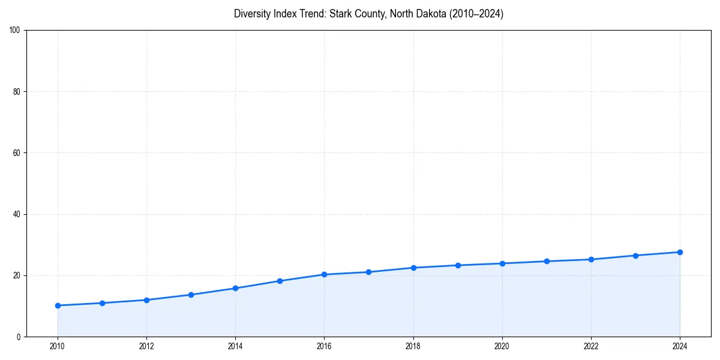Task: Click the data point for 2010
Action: coord(58,305)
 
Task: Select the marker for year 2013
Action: coord(191,295)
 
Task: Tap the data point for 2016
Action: coord(324,274)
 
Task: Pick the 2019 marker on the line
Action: coord(458,265)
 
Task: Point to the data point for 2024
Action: coord(680,252)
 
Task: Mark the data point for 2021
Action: coord(547,261)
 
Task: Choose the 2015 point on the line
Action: coord(280,281)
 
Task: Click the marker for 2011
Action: coord(102,303)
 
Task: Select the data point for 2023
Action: coord(635,256)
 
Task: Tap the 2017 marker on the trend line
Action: coord(368,272)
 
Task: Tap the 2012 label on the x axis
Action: coord(146,346)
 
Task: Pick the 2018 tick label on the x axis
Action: coord(413,346)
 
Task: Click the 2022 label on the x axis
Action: coord(591,346)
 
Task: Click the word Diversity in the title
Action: coord(251,14)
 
